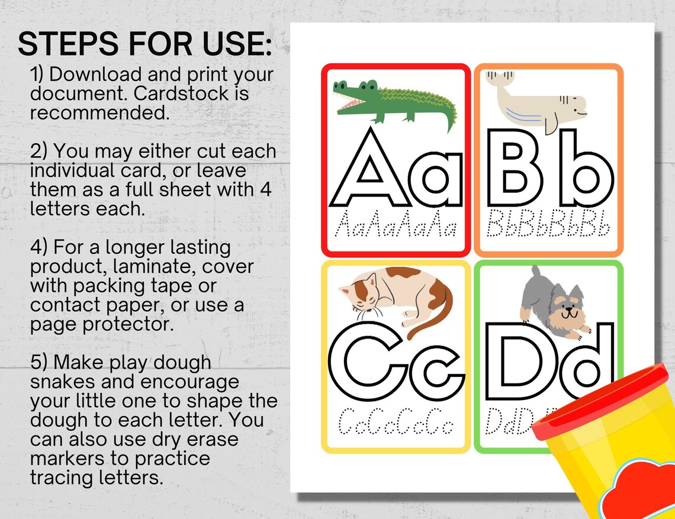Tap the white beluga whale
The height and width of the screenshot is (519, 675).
click(x=535, y=101)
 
